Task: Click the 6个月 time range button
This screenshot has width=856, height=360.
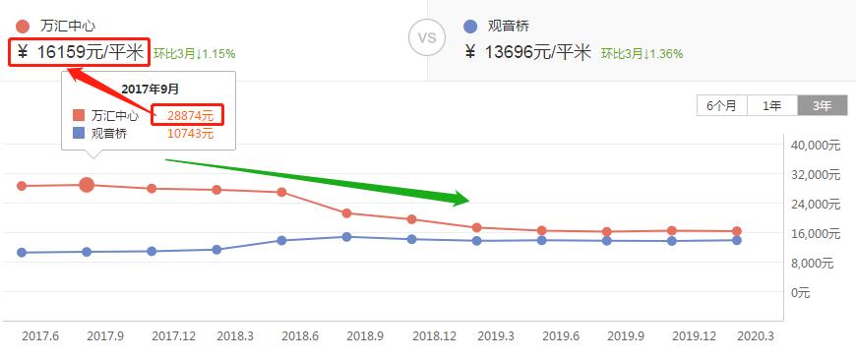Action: [721, 106]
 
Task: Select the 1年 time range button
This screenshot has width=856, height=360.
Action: [772, 106]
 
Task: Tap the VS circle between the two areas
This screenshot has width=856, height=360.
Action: [426, 38]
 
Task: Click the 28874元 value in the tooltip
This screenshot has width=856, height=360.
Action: [190, 115]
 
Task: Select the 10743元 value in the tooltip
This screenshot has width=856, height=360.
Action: [190, 134]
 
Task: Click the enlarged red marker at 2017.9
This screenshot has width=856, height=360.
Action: [87, 184]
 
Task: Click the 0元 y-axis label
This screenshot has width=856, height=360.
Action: [802, 293]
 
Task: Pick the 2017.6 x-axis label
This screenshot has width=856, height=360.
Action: [39, 336]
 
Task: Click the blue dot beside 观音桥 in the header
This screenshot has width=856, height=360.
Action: [468, 26]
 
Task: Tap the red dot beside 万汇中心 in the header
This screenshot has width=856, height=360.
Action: [23, 26]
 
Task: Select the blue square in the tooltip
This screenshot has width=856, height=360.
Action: [79, 134]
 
